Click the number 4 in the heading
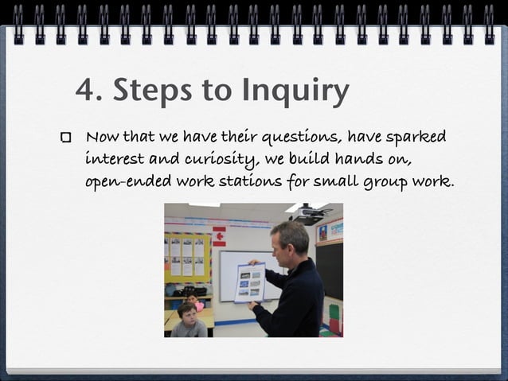[84, 91]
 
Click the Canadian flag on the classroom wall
[219, 236]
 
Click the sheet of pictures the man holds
[249, 282]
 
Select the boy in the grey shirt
[189, 321]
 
